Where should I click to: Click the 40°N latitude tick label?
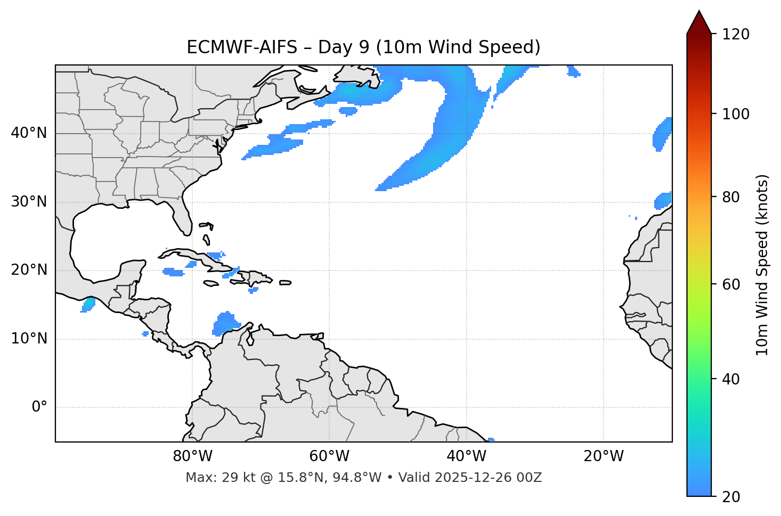click(x=29, y=133)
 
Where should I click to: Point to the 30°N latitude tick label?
click(x=29, y=202)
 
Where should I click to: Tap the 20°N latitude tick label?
click(x=29, y=271)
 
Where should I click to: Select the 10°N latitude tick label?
click(x=29, y=339)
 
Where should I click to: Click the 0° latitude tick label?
click(x=39, y=407)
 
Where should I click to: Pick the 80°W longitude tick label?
click(x=192, y=456)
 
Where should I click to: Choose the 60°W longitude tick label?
click(x=329, y=456)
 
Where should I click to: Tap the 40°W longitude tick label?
click(x=467, y=456)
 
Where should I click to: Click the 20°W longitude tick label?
click(x=604, y=456)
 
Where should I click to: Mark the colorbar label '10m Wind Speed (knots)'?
click(x=762, y=265)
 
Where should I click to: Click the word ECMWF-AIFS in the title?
click(x=242, y=47)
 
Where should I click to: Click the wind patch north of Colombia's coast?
click(x=226, y=323)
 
